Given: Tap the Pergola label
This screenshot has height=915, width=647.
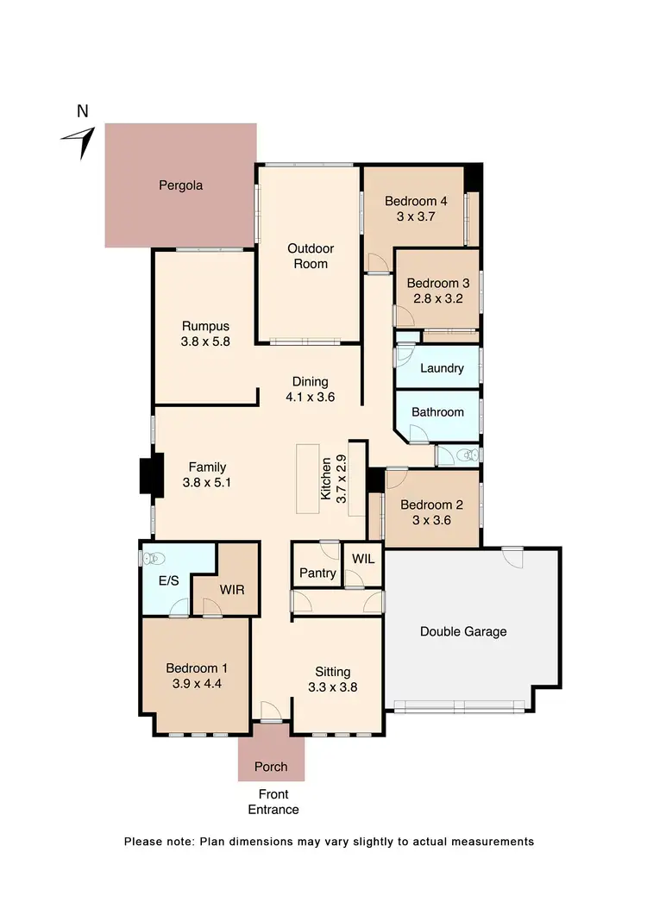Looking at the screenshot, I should pyautogui.click(x=180, y=185).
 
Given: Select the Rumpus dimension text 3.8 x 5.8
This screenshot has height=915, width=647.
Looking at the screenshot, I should pyautogui.click(x=205, y=342).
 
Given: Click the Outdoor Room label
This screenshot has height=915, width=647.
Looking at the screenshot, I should pyautogui.click(x=311, y=256).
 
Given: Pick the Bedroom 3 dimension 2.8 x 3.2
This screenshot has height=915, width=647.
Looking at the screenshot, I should pyautogui.click(x=437, y=299).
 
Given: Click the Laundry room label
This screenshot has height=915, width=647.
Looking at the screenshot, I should pyautogui.click(x=442, y=368).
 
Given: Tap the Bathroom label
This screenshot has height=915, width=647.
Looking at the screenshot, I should pyautogui.click(x=437, y=412).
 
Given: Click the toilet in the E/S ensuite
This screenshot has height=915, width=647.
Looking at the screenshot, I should pyautogui.click(x=151, y=558).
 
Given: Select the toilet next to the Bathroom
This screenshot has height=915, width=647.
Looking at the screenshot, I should pyautogui.click(x=467, y=454).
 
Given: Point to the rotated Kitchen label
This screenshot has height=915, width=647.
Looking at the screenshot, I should pyautogui.click(x=327, y=479).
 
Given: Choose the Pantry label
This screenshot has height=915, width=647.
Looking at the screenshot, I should pyautogui.click(x=317, y=573).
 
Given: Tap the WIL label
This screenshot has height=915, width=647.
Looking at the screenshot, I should pyautogui.click(x=363, y=558).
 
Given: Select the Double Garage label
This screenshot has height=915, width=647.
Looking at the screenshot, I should pyautogui.click(x=463, y=631).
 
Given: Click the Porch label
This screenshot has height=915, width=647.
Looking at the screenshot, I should pyautogui.click(x=271, y=767).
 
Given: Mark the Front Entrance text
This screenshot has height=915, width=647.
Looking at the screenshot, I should pyautogui.click(x=273, y=802).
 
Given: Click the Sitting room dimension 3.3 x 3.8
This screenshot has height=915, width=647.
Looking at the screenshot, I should pyautogui.click(x=333, y=687).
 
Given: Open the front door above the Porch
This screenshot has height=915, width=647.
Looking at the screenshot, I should pyautogui.click(x=271, y=715).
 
